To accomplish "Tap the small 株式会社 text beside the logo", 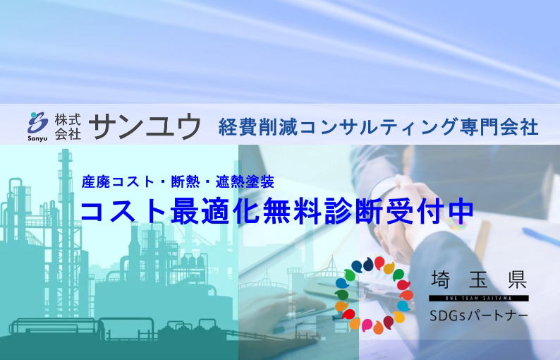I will [x=68, y=124].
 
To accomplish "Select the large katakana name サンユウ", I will [x=146, y=126].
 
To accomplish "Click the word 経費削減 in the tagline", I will [x=248, y=127].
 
